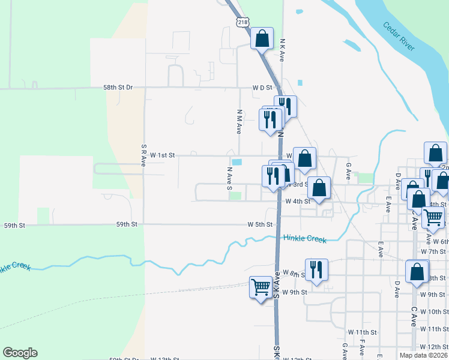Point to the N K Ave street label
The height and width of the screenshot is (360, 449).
282,51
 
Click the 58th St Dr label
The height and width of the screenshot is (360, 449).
118,87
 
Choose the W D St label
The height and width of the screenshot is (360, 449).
262,88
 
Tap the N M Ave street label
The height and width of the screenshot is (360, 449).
239,121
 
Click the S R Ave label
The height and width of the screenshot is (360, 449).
144,155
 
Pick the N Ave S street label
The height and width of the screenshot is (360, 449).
229,179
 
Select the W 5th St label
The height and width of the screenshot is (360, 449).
260,224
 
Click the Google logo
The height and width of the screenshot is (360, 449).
20,353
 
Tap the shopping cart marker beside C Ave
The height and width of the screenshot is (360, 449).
433,217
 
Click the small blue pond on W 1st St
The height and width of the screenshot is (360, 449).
237,162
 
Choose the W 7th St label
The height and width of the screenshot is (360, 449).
433,251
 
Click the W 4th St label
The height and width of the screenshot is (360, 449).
298,202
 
